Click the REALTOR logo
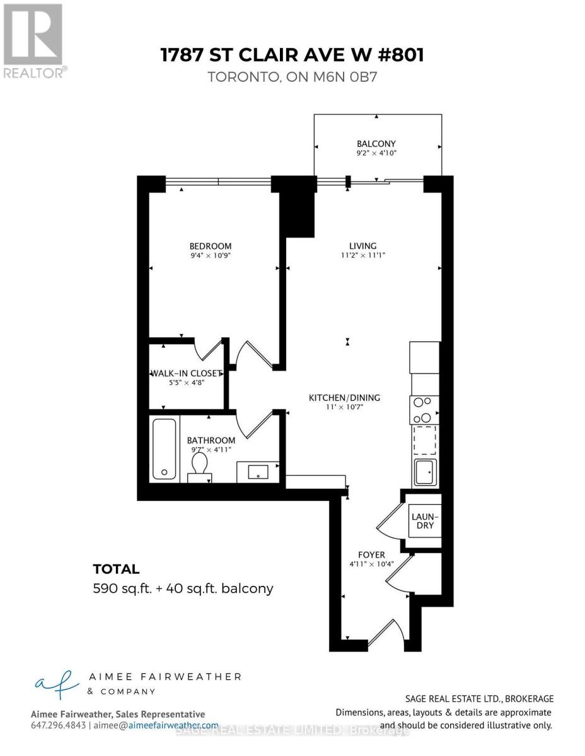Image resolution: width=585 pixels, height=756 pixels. [x=33, y=39]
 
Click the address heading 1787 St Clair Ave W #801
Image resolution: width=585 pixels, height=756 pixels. [x=292, y=55]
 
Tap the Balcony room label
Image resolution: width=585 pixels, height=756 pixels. [x=376, y=144]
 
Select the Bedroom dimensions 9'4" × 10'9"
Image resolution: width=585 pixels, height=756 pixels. [x=211, y=256]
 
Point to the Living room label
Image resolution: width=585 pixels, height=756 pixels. [x=363, y=246]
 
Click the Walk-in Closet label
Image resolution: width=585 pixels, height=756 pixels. [x=187, y=373]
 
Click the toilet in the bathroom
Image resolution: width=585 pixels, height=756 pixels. [x=200, y=466]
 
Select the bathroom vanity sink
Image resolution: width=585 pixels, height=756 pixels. [x=258, y=471]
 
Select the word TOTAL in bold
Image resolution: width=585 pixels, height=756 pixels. [x=116, y=570]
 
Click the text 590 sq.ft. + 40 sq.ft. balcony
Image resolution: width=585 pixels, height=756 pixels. [x=183, y=589]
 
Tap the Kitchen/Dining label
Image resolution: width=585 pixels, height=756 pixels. [x=344, y=398]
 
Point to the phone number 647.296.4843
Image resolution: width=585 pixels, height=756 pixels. [x=58, y=726]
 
